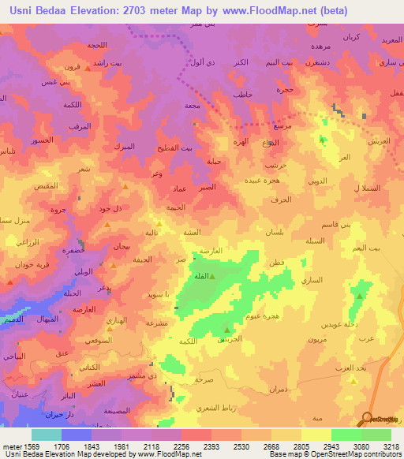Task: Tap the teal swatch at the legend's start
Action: [x=47, y=434]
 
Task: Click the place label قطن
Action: [x=277, y=262]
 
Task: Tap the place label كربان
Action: [x=349, y=37]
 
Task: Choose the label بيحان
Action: [x=118, y=247]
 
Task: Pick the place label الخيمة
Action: [x=174, y=207]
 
